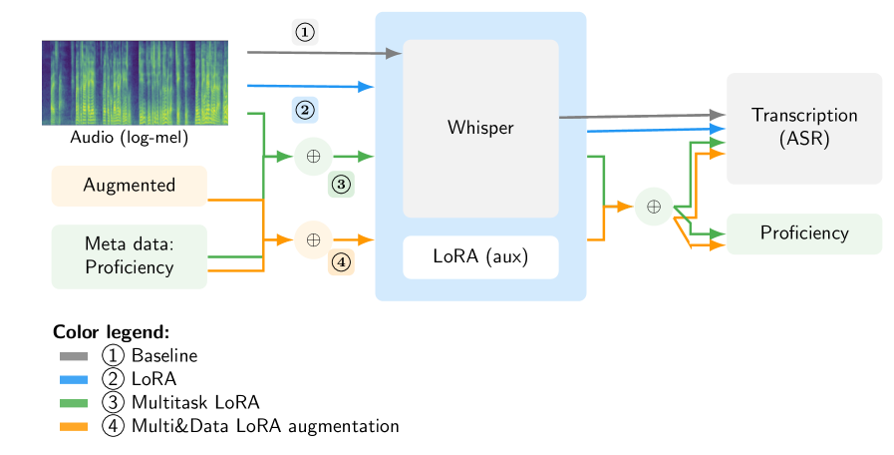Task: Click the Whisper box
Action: pos(479,128)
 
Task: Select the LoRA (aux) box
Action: pos(479,257)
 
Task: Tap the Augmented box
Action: pos(129,186)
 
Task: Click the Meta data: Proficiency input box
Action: pos(129,256)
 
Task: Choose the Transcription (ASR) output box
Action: pos(803,128)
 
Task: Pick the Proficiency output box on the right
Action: pos(803,233)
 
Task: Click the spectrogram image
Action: pos(135,83)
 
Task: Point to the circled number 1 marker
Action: pos(305,32)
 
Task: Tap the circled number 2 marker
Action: pos(305,109)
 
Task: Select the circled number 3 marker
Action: pos(341,184)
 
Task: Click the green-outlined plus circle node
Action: pos(313,157)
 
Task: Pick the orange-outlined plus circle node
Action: pos(313,239)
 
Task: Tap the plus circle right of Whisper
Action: pos(654,207)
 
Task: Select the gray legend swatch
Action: pos(73,356)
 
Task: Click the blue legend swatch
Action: pos(73,380)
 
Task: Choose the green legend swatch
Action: pos(73,403)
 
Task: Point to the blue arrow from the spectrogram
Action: pos(309,86)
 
